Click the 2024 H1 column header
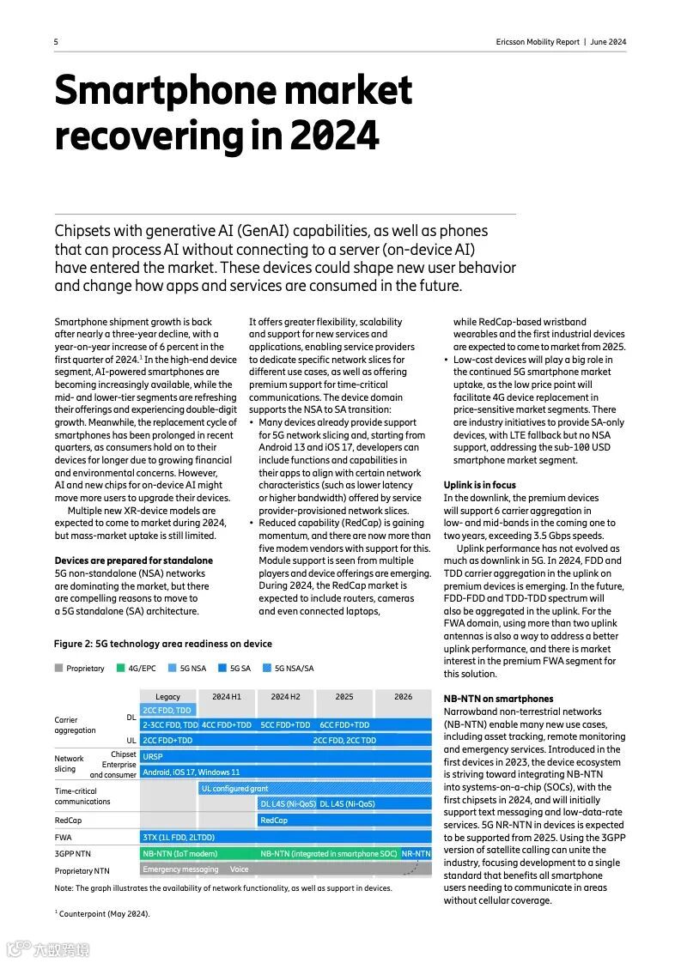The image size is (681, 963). click(x=227, y=697)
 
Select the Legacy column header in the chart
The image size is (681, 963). click(x=168, y=697)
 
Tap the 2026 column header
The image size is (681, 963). click(x=403, y=697)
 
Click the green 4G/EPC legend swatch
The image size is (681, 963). click(x=121, y=668)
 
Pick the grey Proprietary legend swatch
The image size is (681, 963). click(x=58, y=668)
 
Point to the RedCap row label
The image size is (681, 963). click(x=68, y=820)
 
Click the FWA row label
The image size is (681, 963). click(x=63, y=837)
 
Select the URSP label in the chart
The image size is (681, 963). click(x=153, y=756)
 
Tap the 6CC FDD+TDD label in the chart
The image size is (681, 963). click(x=344, y=725)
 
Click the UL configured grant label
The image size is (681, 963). click(x=234, y=788)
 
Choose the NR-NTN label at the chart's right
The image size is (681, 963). click(x=416, y=854)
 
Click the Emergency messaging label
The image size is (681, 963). click(x=180, y=869)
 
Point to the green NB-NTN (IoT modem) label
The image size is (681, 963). click(x=179, y=854)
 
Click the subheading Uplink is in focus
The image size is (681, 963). click(x=479, y=485)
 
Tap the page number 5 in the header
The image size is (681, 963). click(x=56, y=42)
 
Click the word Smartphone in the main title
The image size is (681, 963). click(x=162, y=91)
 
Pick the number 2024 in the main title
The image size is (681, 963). click(x=334, y=136)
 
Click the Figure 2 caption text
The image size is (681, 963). click(x=162, y=644)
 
